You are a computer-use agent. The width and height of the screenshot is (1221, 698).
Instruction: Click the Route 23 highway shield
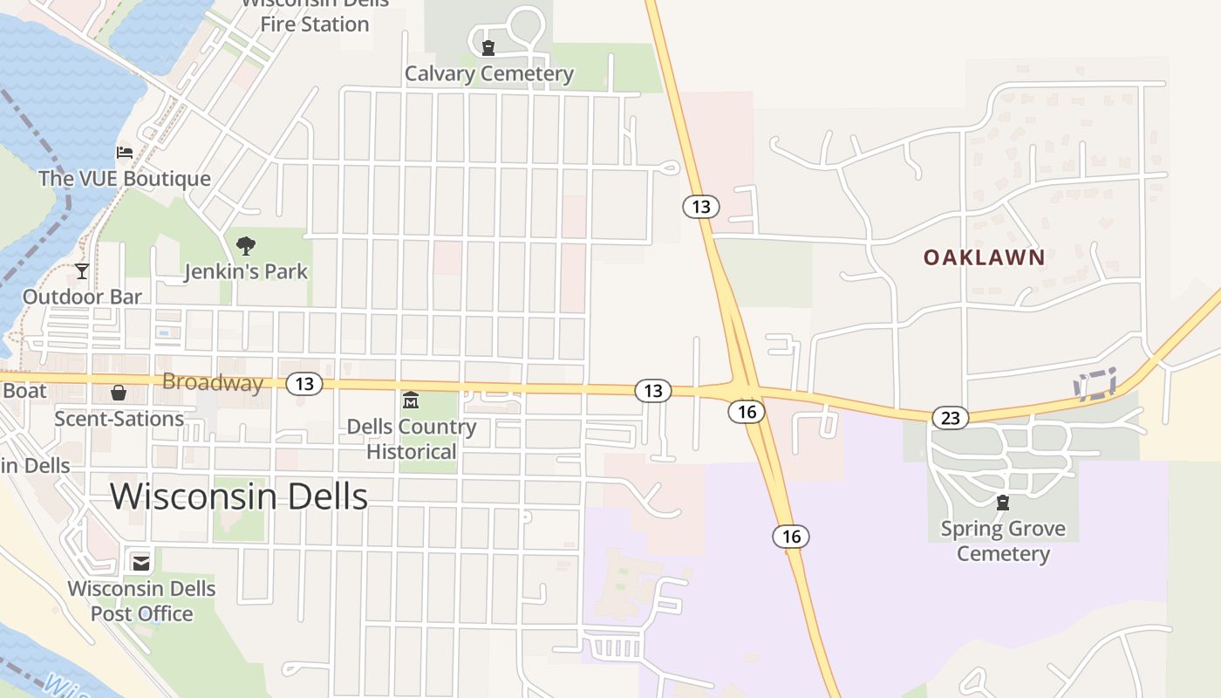click(x=950, y=418)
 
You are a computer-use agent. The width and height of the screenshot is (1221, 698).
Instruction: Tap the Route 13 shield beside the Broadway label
click(x=304, y=383)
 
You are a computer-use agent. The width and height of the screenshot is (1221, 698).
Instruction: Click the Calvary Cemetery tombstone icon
click(x=488, y=48)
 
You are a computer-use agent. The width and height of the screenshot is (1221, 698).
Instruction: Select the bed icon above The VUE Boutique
click(x=125, y=153)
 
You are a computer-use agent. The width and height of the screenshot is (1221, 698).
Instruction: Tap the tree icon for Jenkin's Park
click(x=246, y=245)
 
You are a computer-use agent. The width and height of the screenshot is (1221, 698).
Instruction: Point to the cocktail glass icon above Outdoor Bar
click(x=82, y=270)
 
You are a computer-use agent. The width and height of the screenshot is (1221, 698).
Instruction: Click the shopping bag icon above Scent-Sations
click(x=119, y=393)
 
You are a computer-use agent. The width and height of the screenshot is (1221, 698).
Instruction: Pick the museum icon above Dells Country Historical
click(x=411, y=400)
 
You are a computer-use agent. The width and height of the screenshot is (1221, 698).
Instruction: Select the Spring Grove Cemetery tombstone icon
click(x=1003, y=503)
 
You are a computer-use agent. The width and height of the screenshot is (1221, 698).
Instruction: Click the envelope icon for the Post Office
click(x=141, y=562)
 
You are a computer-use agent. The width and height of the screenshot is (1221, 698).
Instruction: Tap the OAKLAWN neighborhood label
click(x=984, y=257)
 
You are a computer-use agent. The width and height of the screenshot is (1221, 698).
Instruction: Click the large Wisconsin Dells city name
click(x=239, y=496)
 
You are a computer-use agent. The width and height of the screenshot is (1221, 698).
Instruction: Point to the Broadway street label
click(x=213, y=382)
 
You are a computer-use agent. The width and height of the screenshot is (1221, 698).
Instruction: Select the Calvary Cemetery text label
click(x=489, y=73)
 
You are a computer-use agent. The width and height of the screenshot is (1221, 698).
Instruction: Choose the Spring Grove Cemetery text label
click(x=1003, y=541)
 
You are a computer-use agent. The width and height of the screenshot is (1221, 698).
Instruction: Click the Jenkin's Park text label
click(x=246, y=271)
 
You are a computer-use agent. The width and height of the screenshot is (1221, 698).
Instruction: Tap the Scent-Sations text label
click(x=119, y=419)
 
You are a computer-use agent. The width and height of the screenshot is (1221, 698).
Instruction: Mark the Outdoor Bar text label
click(x=82, y=297)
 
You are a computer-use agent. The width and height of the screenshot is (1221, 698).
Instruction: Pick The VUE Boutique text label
click(x=125, y=179)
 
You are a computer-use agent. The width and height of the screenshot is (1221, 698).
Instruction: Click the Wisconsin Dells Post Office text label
click(x=141, y=601)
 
